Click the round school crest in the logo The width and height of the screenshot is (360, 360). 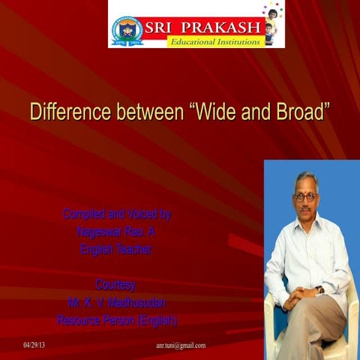tap(127, 30)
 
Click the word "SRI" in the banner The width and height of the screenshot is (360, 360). tap(165, 26)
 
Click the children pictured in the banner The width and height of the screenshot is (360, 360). tap(271, 22)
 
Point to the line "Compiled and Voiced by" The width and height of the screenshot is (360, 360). tap(117, 214)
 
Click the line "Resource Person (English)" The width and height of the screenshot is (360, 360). tap(117, 321)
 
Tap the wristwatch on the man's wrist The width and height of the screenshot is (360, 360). tap(320, 289)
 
